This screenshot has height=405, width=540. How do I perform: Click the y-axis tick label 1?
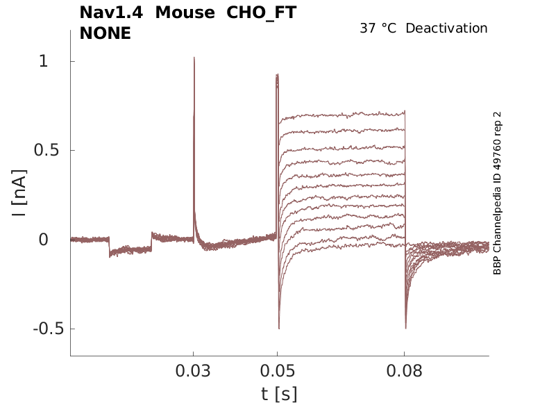(x=43, y=62)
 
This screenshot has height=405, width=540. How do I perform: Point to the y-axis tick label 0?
(x=43, y=240)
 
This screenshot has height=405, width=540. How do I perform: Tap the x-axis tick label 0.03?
(x=194, y=371)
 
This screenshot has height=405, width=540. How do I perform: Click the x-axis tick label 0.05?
(x=278, y=371)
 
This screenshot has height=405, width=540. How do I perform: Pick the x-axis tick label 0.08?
(x=405, y=371)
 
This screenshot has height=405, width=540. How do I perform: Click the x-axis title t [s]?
(x=279, y=393)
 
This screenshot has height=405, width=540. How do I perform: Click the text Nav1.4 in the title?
(x=112, y=13)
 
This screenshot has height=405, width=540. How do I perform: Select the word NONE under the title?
(x=106, y=33)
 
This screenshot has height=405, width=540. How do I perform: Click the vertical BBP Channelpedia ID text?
(x=497, y=193)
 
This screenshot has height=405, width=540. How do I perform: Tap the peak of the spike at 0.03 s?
(x=194, y=58)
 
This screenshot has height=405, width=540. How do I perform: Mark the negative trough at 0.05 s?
(x=279, y=327)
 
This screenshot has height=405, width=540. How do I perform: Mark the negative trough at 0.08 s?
(x=405, y=327)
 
